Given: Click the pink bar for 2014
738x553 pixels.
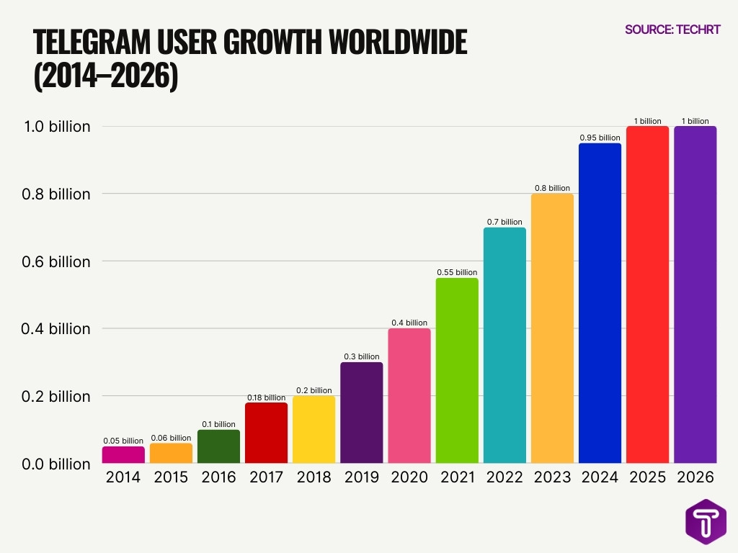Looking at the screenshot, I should click(x=123, y=455).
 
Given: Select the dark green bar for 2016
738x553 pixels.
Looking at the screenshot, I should click(x=218, y=446).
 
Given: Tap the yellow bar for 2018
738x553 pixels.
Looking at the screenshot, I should click(x=314, y=430).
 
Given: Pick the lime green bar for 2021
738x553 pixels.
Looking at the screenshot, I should click(x=457, y=371).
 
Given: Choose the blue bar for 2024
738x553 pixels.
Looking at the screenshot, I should click(x=600, y=303).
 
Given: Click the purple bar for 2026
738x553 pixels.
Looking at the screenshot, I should click(x=695, y=295).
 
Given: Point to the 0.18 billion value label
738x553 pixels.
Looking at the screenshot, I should click(x=266, y=397).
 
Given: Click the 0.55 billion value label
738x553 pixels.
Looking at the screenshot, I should click(x=457, y=272).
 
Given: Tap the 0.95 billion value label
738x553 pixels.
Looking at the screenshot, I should click(x=600, y=138).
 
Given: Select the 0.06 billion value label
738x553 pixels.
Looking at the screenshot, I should click(x=171, y=438).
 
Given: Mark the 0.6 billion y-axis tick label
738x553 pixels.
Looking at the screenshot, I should click(x=55, y=261).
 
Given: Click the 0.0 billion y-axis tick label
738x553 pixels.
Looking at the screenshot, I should click(x=55, y=464).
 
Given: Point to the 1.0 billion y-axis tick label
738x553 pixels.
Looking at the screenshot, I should click(x=55, y=127).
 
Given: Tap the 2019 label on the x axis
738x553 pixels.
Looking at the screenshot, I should click(x=362, y=477).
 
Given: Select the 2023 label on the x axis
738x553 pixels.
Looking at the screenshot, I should click(x=552, y=477).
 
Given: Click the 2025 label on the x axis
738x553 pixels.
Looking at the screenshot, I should click(x=648, y=477).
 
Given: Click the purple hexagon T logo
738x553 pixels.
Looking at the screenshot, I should click(x=706, y=522).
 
